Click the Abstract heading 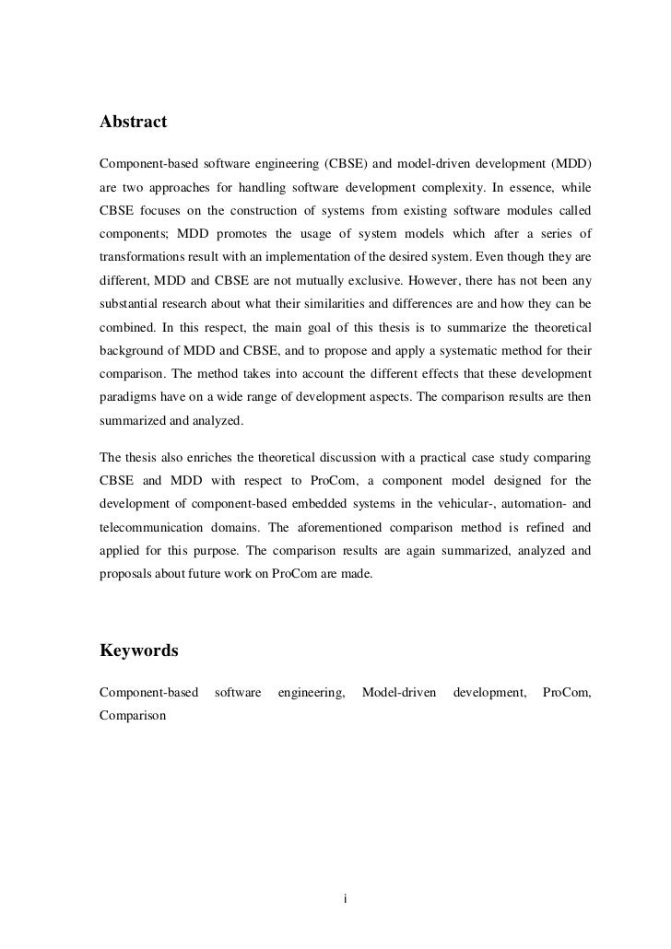(133, 122)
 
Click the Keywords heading (138, 650)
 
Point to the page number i (344, 898)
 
